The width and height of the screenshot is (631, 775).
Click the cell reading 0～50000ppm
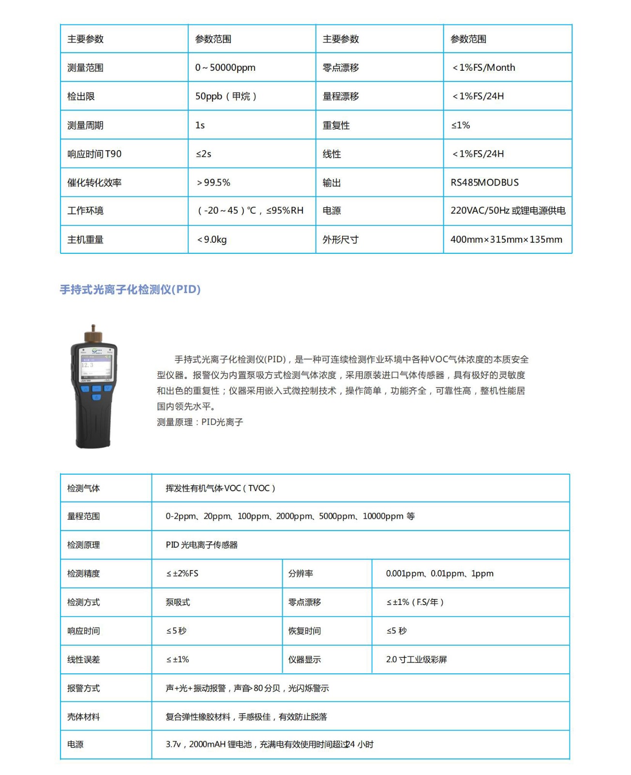click(225, 68)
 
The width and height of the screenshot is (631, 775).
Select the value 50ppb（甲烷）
click(225, 96)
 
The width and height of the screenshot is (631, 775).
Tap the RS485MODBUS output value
click(484, 183)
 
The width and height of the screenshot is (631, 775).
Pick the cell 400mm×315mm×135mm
click(506, 239)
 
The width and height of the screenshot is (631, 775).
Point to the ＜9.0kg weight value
click(211, 239)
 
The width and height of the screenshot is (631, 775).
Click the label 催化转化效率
click(94, 183)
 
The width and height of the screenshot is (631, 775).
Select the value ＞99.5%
click(213, 183)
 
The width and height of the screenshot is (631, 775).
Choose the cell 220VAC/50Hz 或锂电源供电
click(508, 211)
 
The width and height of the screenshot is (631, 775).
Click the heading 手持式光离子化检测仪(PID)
click(130, 290)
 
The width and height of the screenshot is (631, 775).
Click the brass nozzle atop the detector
click(93, 335)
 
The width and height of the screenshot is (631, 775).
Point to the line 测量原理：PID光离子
click(200, 422)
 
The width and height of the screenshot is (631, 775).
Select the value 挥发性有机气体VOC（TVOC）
click(220, 488)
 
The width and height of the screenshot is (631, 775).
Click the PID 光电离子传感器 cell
click(201, 545)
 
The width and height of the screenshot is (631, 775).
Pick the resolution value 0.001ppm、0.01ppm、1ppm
click(439, 573)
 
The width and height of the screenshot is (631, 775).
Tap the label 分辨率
click(300, 573)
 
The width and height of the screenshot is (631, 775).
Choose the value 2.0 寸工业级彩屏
click(416, 659)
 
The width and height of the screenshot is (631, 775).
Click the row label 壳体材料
click(83, 717)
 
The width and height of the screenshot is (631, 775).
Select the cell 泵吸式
click(178, 602)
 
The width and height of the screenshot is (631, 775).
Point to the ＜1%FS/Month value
click(483, 68)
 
